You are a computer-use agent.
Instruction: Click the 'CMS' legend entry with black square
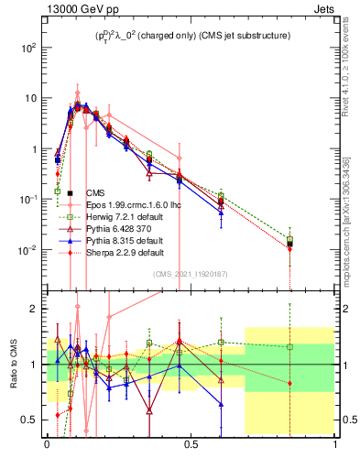point(95,193)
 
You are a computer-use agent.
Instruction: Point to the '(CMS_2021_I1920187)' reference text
point(191,273)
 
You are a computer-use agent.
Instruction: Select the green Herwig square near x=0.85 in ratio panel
point(289,347)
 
